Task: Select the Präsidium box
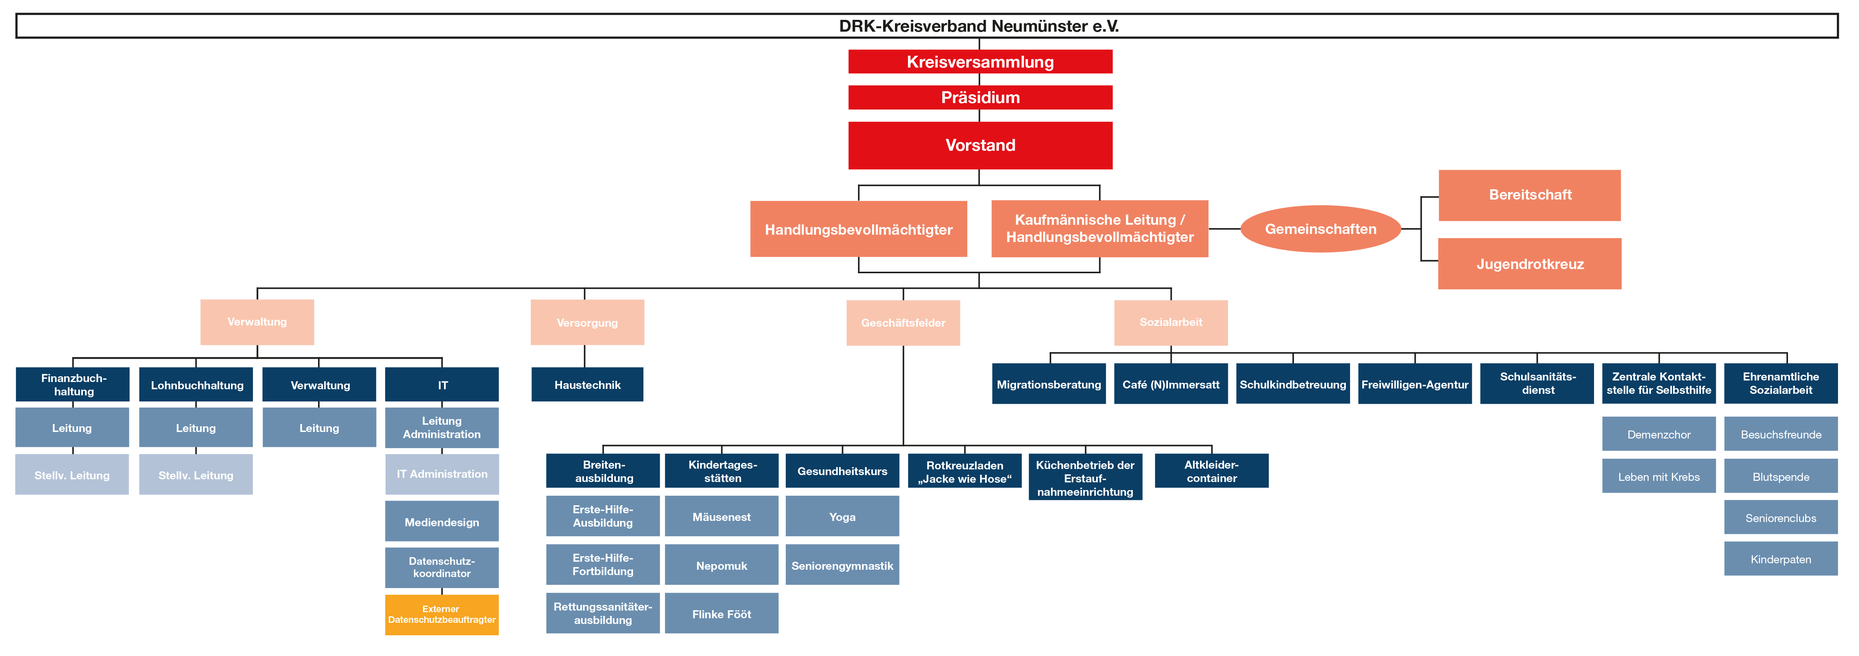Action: (980, 97)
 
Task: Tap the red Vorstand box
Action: (980, 145)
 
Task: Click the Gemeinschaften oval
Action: (1321, 229)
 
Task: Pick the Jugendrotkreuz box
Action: (1530, 264)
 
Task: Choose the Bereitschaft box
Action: (1530, 195)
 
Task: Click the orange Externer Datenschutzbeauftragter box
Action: (442, 614)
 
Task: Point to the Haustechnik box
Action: (588, 385)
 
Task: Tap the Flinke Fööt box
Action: (722, 613)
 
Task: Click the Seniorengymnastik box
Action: (842, 565)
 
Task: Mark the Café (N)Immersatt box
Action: (1171, 384)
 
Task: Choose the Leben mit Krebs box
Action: (1659, 476)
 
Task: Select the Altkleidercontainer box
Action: (1212, 471)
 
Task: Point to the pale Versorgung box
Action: (588, 322)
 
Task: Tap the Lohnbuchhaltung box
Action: (196, 385)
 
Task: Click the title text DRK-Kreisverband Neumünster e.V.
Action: (979, 26)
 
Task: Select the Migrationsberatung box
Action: (1048, 384)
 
